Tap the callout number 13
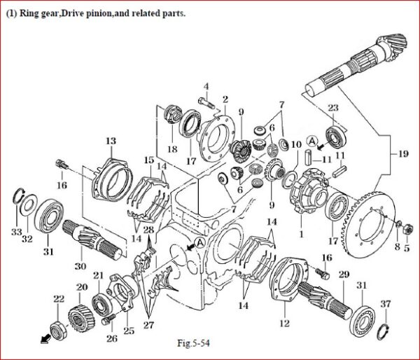(111, 141)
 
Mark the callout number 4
(206, 86)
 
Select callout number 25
(127, 331)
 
